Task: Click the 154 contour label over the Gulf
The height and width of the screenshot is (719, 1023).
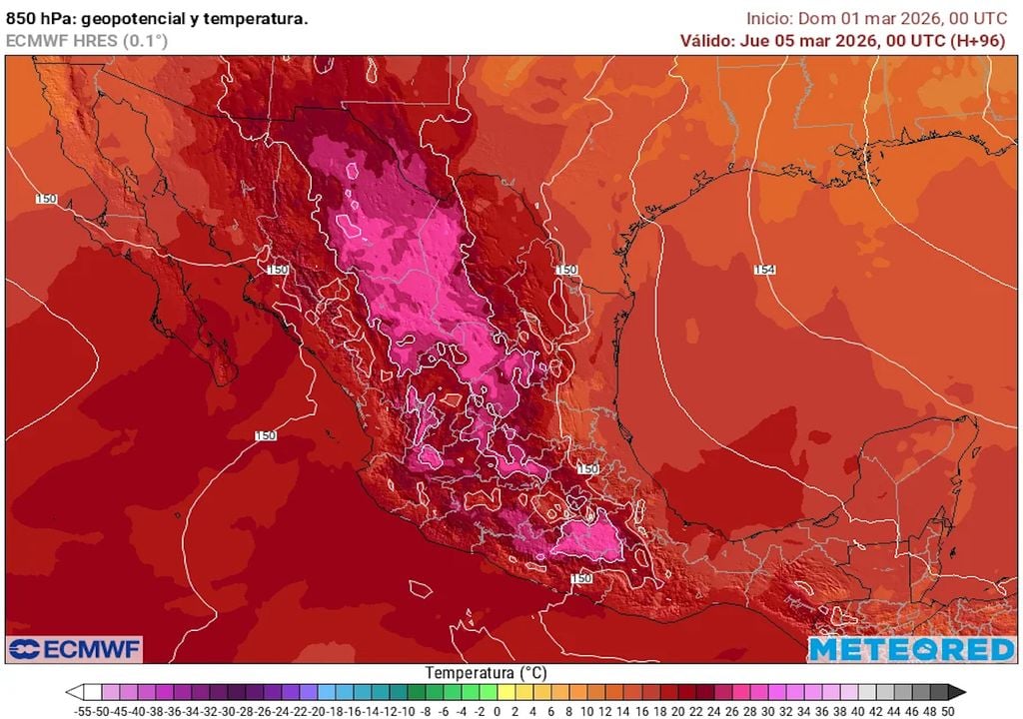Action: click(764, 270)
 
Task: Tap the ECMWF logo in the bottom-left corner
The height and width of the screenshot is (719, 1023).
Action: click(75, 649)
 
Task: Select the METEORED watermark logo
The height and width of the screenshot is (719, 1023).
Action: click(911, 649)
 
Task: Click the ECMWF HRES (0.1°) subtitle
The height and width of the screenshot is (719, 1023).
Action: click(87, 40)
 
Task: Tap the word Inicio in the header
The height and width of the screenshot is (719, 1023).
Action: click(769, 18)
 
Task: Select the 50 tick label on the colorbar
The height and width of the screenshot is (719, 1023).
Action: click(947, 710)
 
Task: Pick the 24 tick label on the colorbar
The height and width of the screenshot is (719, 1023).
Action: click(711, 710)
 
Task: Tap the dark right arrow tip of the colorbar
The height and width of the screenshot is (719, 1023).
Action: click(960, 691)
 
